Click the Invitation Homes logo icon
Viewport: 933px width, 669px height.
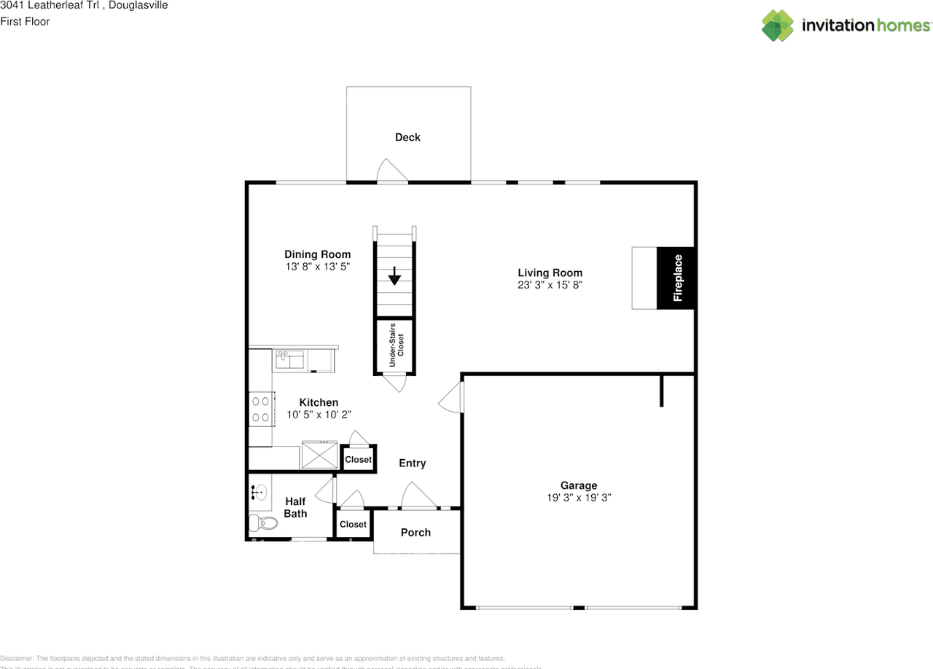tap(778, 26)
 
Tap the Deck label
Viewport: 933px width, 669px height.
tap(407, 137)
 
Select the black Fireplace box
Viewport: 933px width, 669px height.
tap(676, 278)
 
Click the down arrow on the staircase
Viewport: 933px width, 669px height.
tap(394, 276)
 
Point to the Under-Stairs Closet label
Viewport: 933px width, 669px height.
tap(395, 347)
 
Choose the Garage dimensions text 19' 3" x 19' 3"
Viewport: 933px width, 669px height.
tap(579, 498)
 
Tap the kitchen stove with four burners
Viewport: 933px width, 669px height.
tap(260, 409)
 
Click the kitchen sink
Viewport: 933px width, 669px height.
tap(290, 359)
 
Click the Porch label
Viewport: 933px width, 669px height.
tap(415, 533)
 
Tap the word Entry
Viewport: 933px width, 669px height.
tap(412, 463)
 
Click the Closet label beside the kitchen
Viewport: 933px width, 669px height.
tap(358, 460)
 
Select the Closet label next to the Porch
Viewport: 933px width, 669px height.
tap(353, 525)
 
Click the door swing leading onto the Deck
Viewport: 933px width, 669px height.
tap(391, 170)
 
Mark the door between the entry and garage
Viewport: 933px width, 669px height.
tap(452, 397)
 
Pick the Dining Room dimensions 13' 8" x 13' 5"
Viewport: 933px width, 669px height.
tap(317, 267)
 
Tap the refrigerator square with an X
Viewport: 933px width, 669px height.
tap(319, 455)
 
